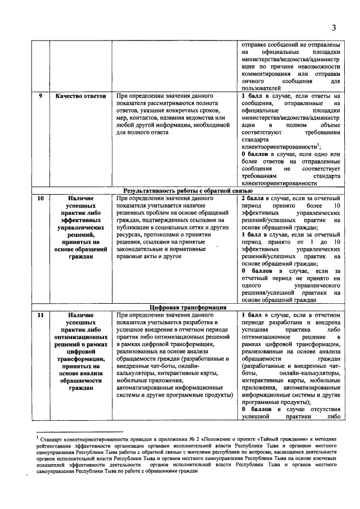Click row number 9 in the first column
click(41, 96)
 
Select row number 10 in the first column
click(40, 199)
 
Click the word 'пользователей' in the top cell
click(259, 88)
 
